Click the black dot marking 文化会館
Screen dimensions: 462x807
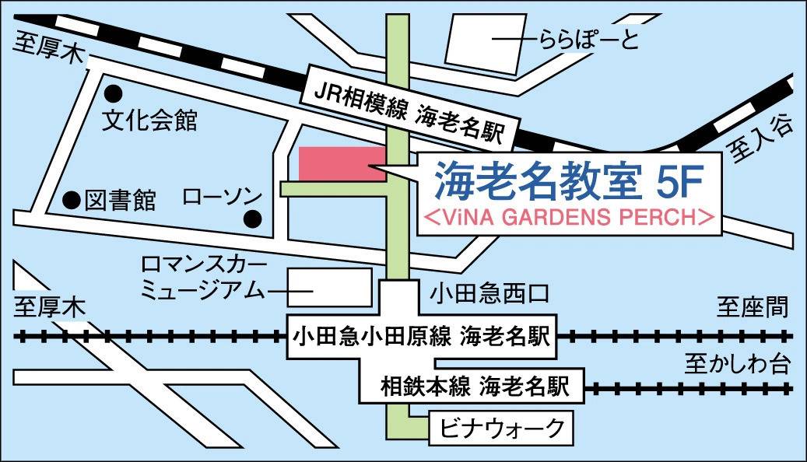pos(114,93)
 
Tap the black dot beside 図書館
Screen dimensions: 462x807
pos(71,200)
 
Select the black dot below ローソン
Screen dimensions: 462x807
pos(251,219)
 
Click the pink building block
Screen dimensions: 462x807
pos(342,163)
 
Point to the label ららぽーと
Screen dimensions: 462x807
pos(583,39)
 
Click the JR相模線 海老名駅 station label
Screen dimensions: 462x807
pos(409,108)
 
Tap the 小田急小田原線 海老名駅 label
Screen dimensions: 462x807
pos(421,338)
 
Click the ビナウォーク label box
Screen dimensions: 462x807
pos(501,426)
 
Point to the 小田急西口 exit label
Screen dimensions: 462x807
pos(490,294)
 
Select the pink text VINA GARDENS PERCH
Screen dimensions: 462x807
pos(568,217)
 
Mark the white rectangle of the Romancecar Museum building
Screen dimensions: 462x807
pos(331,286)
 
